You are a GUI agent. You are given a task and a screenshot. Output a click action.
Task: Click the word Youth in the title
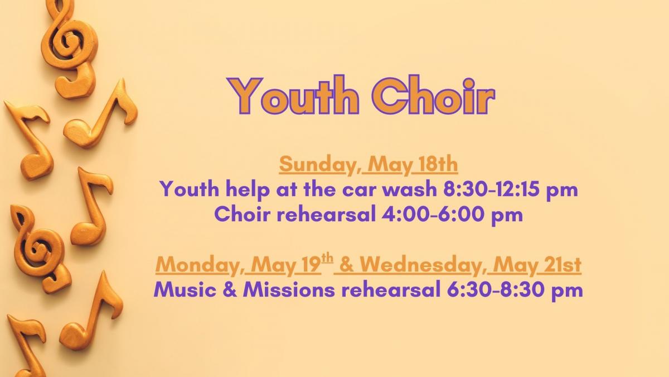293,96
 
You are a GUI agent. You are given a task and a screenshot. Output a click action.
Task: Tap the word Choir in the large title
434,96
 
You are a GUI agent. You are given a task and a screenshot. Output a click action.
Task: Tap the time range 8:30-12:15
491,189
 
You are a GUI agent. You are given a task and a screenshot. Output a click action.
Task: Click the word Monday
196,265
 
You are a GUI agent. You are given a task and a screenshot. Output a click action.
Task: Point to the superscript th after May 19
327,258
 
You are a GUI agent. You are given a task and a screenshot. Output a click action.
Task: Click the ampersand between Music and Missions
229,290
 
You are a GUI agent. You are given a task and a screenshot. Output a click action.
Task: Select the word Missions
289,290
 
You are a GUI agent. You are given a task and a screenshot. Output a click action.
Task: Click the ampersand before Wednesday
346,265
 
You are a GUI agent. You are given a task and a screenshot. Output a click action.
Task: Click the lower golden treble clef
40,249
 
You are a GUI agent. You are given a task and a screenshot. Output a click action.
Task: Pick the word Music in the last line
185,290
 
